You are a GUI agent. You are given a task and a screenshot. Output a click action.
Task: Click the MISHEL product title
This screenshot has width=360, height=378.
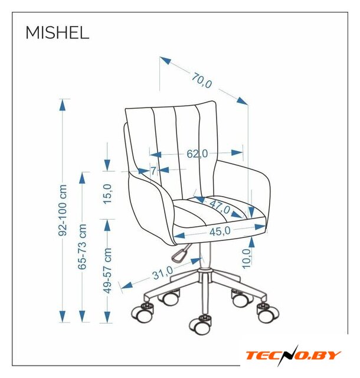point(57,32)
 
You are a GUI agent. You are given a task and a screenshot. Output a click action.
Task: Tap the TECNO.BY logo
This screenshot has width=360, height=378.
point(293,356)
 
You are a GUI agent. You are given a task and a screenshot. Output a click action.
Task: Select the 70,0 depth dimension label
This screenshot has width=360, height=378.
point(202,80)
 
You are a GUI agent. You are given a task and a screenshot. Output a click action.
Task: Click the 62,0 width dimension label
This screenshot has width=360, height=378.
point(197,154)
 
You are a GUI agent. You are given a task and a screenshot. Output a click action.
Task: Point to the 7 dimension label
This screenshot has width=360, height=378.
point(153,171)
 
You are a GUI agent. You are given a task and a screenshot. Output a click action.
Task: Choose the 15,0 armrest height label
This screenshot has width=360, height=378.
point(107,194)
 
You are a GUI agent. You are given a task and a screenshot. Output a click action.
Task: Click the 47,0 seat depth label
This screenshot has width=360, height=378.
point(220,207)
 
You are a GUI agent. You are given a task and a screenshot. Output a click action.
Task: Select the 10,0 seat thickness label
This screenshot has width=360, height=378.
point(246,259)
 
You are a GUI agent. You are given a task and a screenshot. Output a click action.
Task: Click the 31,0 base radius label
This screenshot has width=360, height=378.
point(162,272)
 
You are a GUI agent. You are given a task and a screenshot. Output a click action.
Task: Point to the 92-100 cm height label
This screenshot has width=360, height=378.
point(63,210)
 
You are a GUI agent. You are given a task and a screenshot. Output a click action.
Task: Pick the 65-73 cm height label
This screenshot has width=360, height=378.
point(82,246)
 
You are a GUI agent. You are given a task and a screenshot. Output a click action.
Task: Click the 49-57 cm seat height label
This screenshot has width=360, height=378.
point(107,271)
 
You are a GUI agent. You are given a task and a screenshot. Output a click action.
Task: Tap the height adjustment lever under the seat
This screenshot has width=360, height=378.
point(180,253)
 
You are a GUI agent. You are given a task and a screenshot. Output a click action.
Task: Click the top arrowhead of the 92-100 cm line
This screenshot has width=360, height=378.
point(63,105)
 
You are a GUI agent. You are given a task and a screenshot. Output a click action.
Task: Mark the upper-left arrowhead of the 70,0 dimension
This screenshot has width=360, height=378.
point(165,60)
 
